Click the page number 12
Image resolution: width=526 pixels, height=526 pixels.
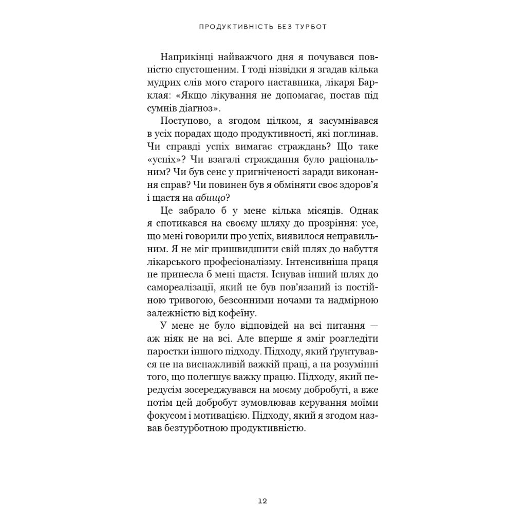(262, 501)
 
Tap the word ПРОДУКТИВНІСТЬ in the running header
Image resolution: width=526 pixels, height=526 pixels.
(229, 26)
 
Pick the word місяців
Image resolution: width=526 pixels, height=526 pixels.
(316, 211)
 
